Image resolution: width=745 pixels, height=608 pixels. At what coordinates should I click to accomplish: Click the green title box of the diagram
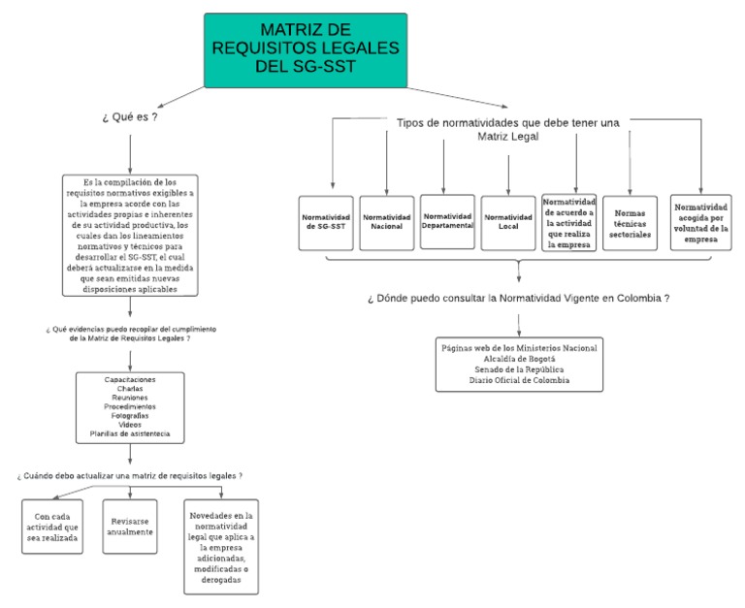click(x=306, y=49)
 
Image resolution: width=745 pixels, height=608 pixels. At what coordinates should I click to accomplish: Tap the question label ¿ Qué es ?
click(x=129, y=117)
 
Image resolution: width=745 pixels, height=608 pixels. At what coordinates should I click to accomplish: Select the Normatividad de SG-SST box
click(x=327, y=223)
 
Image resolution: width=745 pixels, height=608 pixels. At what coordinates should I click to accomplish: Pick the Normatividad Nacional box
click(x=387, y=223)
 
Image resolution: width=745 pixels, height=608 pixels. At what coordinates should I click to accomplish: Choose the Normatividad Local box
click(x=508, y=222)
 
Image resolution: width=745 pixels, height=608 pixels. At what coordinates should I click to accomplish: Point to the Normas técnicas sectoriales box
click(x=631, y=223)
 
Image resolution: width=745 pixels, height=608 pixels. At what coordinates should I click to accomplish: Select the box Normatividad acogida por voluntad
click(x=700, y=222)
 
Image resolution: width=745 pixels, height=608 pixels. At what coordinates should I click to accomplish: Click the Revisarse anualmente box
click(x=130, y=525)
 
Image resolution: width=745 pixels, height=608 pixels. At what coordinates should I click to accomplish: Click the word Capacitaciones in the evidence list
click(x=130, y=378)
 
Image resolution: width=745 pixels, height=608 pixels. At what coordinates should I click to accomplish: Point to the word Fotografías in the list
click(x=130, y=415)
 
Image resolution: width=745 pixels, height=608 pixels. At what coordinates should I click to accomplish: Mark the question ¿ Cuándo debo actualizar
click(x=129, y=476)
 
